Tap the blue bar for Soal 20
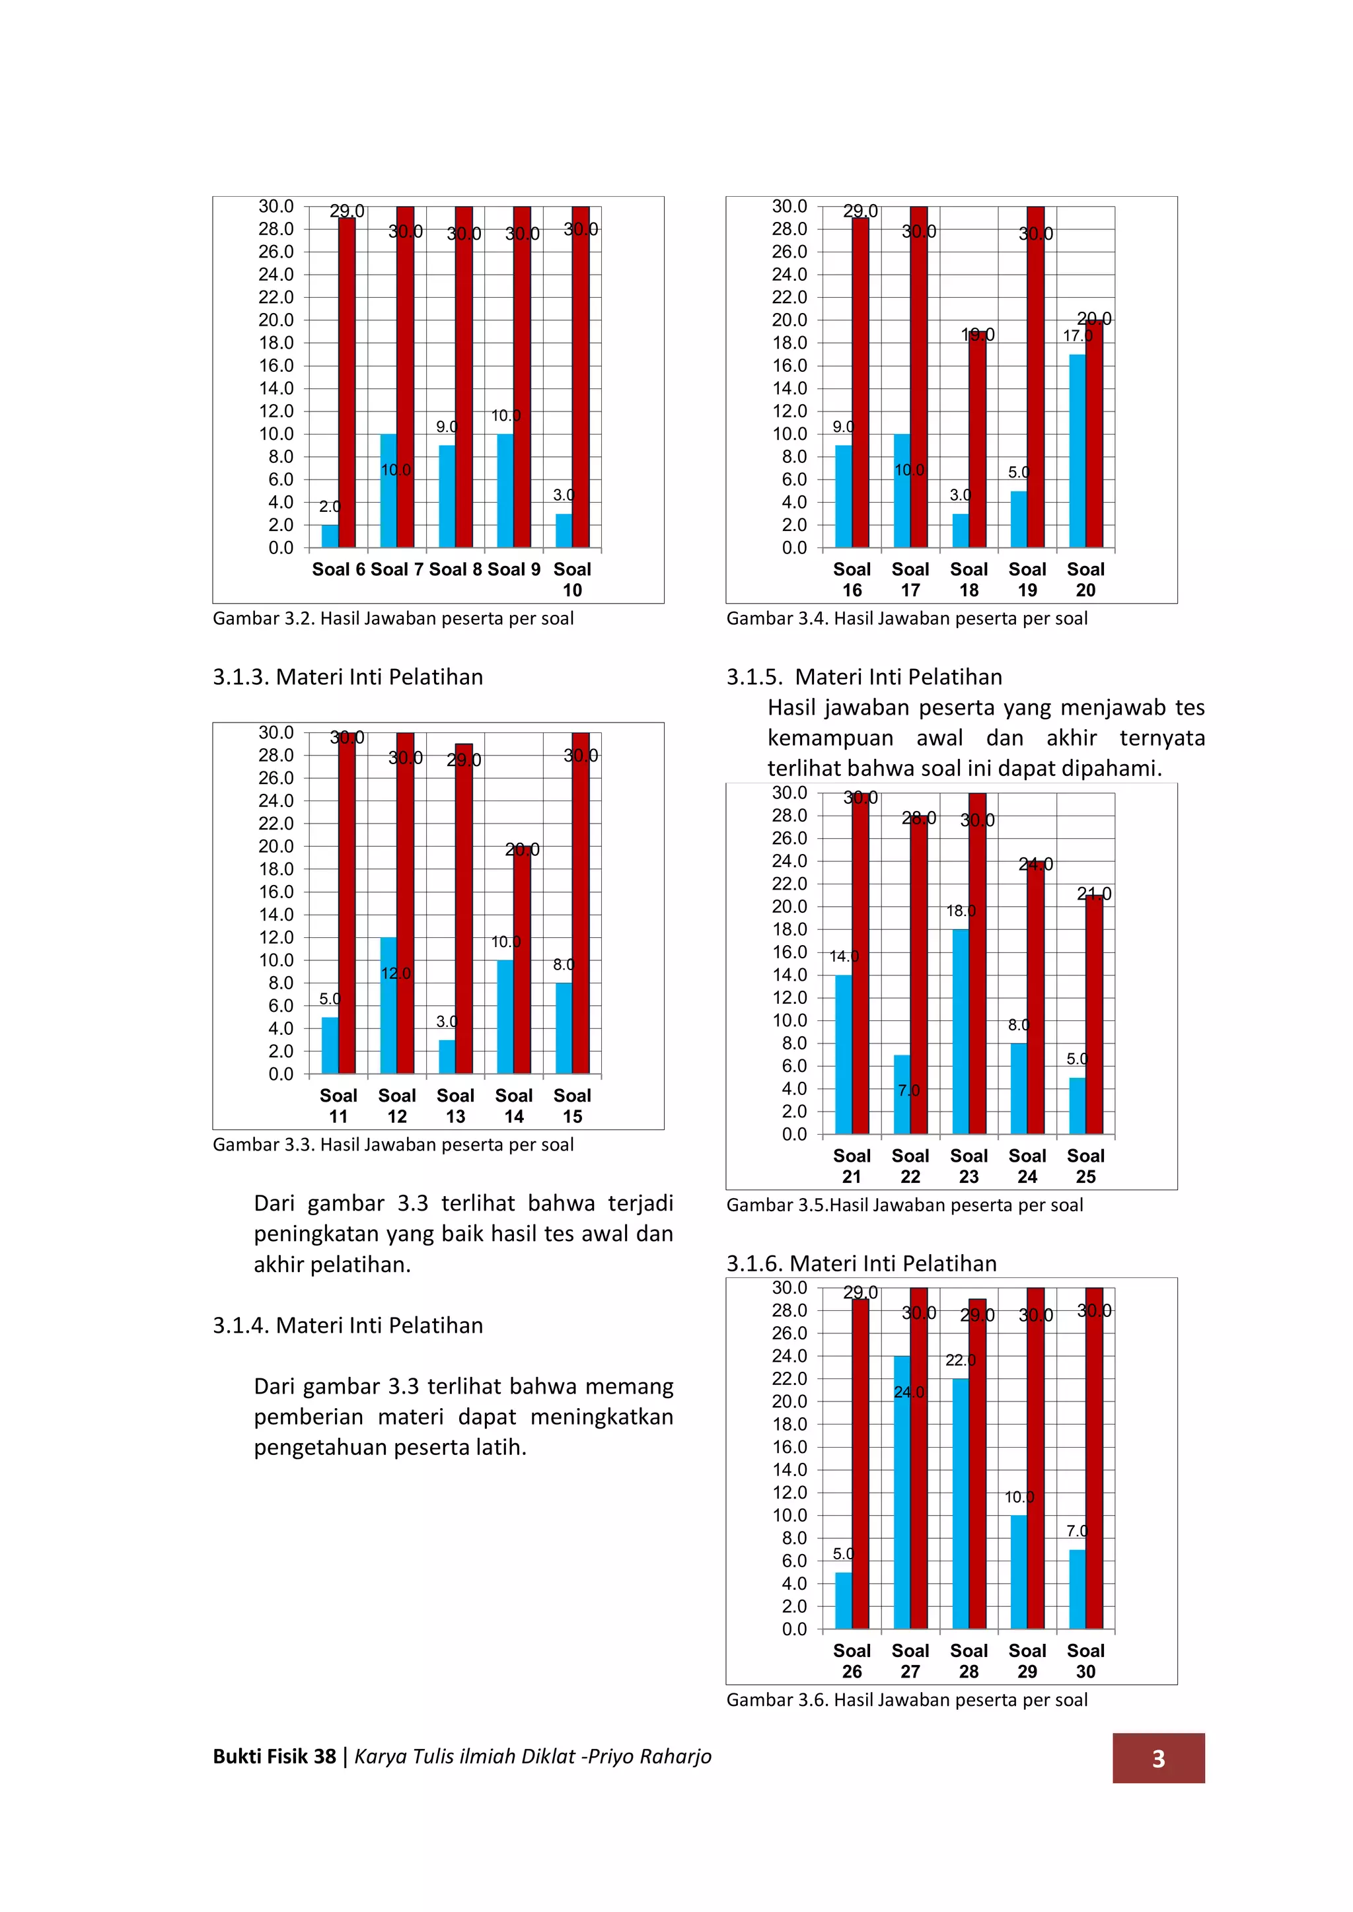point(1078,450)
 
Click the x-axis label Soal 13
point(455,1106)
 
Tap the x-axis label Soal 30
point(1085,1660)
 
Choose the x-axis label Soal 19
point(1027,580)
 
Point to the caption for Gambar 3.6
point(906,1699)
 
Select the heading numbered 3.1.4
point(347,1325)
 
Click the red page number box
point(1158,1758)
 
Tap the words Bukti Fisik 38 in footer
point(274,1756)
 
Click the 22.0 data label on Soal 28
point(960,1360)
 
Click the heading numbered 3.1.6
point(861,1263)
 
